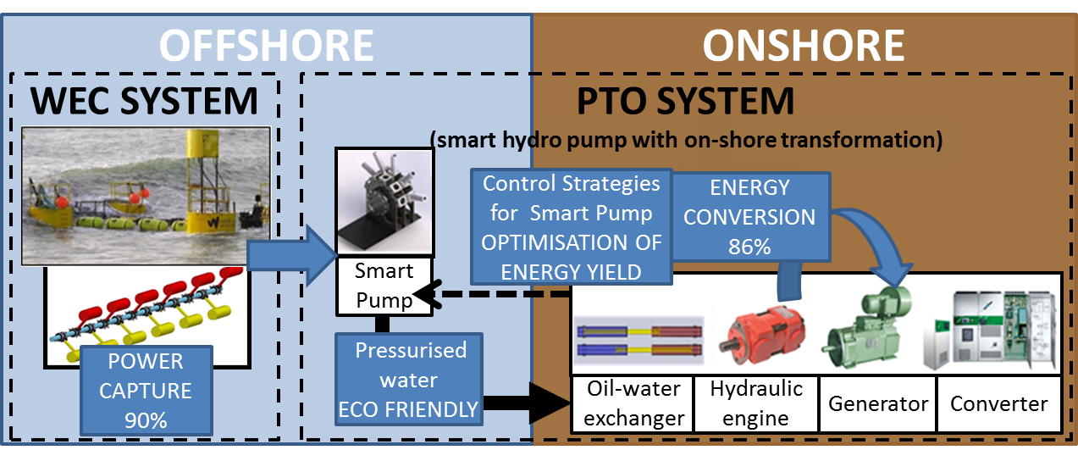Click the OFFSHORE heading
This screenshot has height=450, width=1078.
266,45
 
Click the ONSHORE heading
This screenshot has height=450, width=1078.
803,45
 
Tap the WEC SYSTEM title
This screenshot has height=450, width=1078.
144,101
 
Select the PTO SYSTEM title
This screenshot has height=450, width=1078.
685,101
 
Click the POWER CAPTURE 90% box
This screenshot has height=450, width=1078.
146,391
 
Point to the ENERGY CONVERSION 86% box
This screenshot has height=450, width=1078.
749,217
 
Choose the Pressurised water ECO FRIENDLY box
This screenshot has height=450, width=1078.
409,379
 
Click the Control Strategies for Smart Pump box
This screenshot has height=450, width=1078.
572,226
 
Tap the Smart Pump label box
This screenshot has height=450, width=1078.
384,286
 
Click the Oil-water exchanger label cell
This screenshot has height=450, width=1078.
633,403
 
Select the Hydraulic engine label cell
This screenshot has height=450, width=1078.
756,403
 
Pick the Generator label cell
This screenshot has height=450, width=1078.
878,403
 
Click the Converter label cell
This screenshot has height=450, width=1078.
999,403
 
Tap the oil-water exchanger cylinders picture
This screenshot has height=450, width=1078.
639,340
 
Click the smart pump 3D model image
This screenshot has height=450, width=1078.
384,202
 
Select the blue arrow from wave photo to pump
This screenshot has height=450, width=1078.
291,255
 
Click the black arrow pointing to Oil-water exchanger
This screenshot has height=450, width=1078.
527,403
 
